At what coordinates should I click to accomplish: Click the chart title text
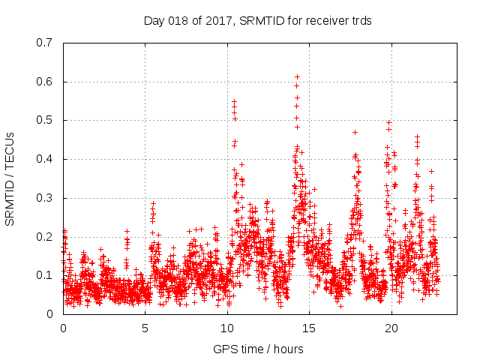257,21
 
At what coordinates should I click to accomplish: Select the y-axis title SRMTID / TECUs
10,178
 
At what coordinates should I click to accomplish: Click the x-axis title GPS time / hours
258,349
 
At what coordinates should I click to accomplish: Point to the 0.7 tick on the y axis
46,43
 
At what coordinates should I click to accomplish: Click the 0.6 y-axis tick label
46,82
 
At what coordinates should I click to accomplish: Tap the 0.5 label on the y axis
46,120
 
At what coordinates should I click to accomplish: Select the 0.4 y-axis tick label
46,159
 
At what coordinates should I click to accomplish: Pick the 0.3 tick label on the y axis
46,198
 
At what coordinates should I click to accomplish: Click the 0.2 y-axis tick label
46,237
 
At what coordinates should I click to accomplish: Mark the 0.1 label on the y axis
46,275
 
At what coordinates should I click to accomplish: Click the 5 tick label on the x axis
145,328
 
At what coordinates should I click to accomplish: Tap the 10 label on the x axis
227,328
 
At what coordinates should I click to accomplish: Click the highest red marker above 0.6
297,76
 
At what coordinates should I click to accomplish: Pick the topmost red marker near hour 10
234,100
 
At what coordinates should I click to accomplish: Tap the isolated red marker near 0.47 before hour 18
355,132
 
